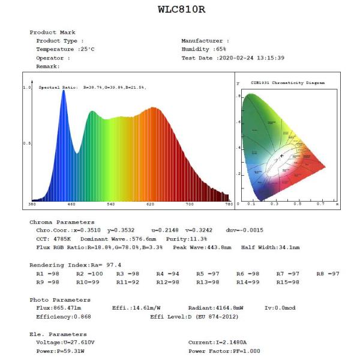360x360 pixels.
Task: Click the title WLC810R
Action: (x=180, y=10)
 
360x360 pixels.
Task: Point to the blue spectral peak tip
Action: (x=63, y=91)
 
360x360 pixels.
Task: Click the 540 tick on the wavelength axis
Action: (x=110, y=205)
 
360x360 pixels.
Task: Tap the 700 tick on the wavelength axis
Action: (x=190, y=205)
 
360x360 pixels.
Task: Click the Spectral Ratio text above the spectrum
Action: (x=92, y=88)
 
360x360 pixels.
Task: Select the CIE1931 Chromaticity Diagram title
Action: (x=287, y=83)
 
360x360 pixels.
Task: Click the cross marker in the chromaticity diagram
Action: (x=281, y=156)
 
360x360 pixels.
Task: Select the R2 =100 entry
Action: (x=88, y=274)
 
